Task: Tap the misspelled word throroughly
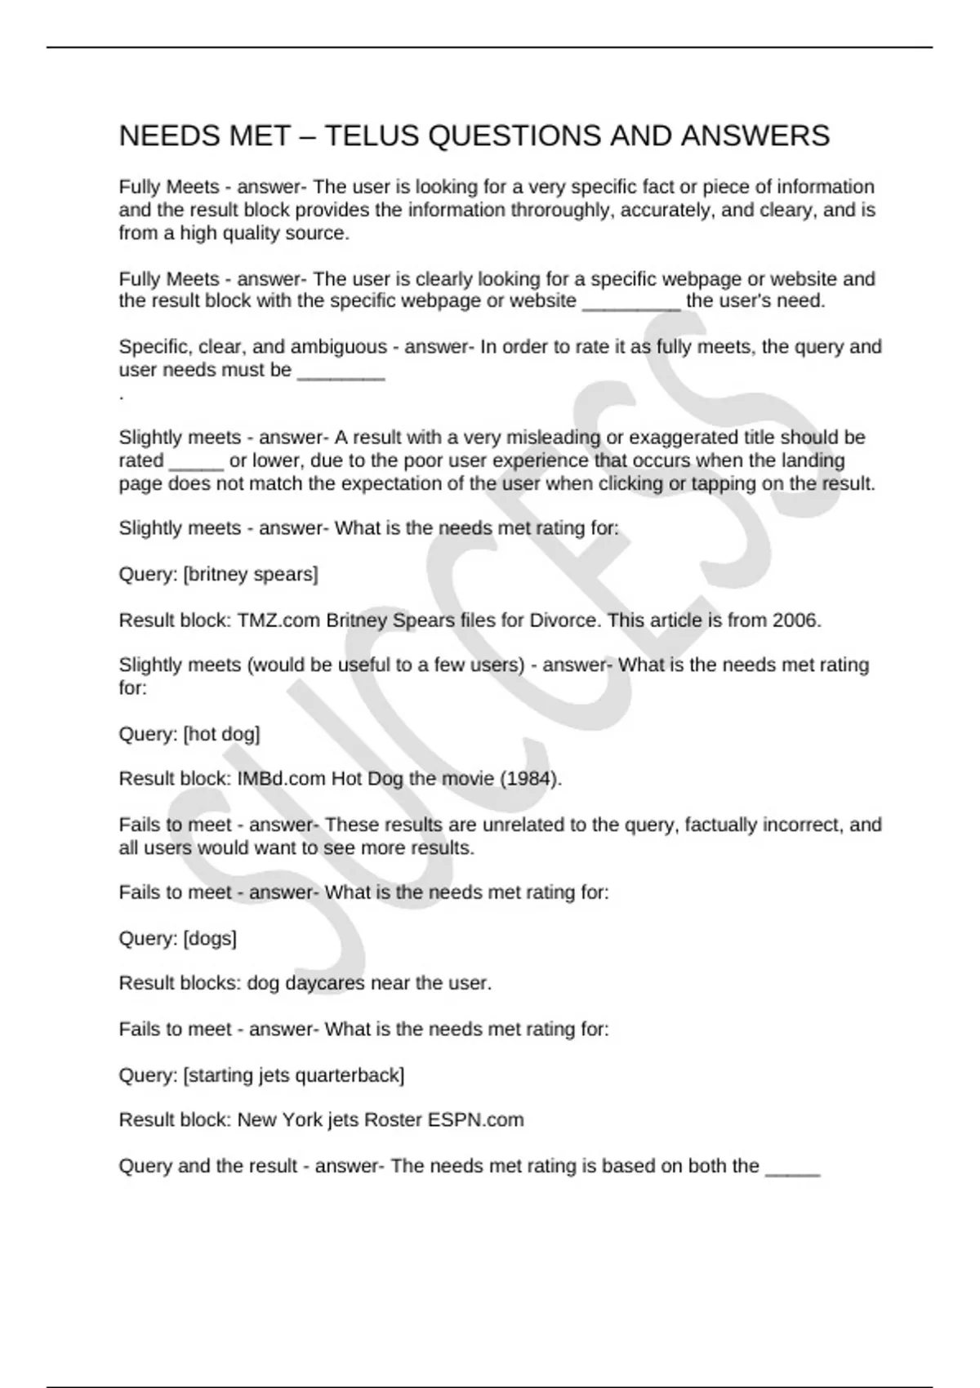tap(563, 211)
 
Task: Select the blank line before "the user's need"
tap(630, 302)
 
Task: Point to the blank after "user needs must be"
tap(341, 371)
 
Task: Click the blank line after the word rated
tap(196, 462)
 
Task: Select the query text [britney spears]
tap(251, 575)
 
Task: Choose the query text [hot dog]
tap(221, 734)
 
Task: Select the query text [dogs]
tap(210, 939)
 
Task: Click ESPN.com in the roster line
tap(475, 1120)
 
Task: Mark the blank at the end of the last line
tap(791, 1168)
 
